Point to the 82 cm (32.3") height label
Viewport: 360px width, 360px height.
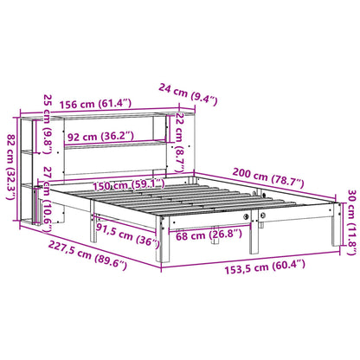[11, 154]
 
